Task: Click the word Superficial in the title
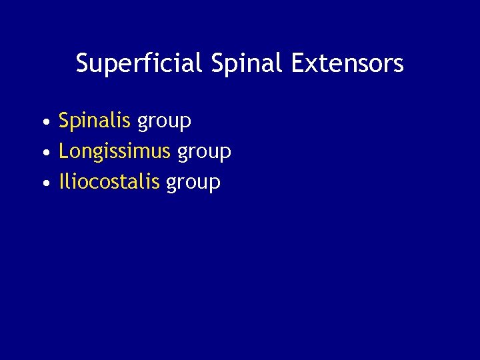(138, 64)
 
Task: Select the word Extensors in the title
(347, 64)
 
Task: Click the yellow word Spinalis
(95, 121)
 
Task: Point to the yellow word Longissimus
(115, 152)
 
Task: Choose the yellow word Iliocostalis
(109, 182)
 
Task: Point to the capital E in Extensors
(297, 63)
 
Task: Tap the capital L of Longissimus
(63, 152)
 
